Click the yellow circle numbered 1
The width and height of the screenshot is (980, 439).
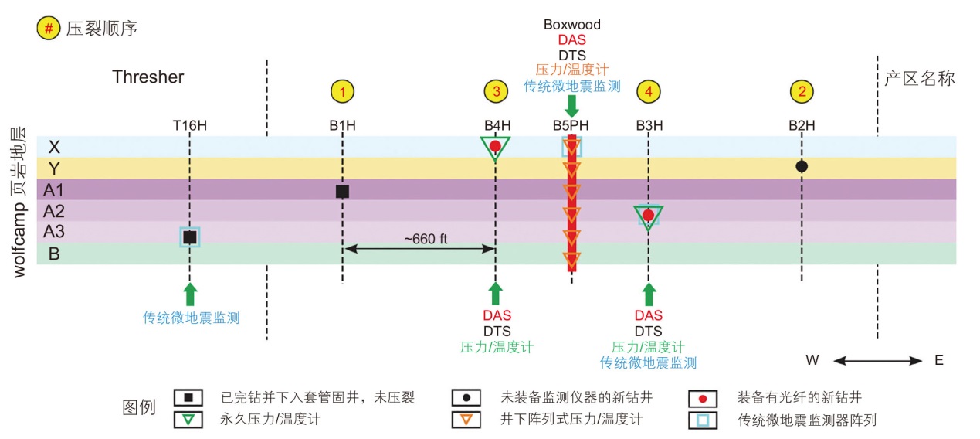coord(342,92)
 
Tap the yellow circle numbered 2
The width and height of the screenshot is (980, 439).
coord(802,92)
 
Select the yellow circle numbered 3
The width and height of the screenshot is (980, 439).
coord(496,92)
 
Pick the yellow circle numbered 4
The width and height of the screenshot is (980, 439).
coord(649,92)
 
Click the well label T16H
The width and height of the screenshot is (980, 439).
coord(189,125)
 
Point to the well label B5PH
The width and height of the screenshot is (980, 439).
coord(571,125)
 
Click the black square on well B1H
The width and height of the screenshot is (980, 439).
coord(342,191)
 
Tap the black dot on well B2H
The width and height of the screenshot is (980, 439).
coord(802,166)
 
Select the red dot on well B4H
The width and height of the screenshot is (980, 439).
coord(495,145)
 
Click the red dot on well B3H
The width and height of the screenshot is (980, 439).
coord(649,215)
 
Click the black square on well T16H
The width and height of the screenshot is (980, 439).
coord(190,237)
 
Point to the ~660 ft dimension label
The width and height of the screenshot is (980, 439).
coord(426,240)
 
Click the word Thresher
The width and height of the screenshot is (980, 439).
coord(148,77)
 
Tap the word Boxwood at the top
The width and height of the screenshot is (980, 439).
coord(571,25)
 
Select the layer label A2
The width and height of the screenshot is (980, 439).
coord(54,211)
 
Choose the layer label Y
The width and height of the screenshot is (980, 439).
coord(53,168)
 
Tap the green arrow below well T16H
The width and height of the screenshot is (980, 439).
coord(190,294)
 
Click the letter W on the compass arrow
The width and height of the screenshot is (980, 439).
coord(812,360)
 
